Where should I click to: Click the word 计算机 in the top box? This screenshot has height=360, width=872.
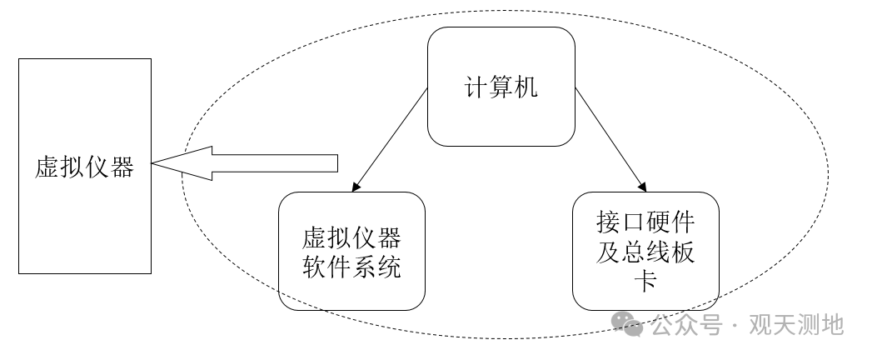[x=501, y=87]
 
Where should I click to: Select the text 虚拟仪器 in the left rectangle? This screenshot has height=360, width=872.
[x=85, y=167]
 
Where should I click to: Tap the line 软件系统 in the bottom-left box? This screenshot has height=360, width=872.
[x=351, y=268]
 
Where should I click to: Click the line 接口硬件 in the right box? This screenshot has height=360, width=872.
[x=645, y=222]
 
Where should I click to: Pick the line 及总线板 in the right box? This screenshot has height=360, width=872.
[x=645, y=252]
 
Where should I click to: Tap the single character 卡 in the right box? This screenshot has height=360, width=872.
[x=645, y=281]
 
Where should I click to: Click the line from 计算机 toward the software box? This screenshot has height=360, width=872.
[x=391, y=133]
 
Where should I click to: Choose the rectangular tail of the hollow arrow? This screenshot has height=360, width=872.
[x=275, y=162]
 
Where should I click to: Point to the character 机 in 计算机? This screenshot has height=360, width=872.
[x=526, y=87]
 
